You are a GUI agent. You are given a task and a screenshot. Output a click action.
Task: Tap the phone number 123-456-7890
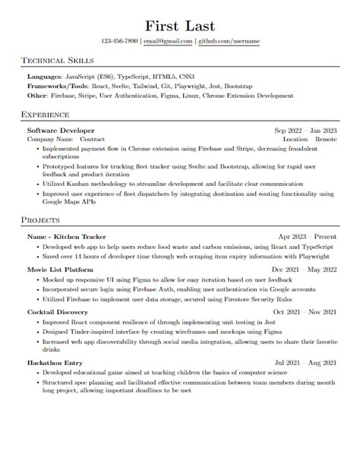119,41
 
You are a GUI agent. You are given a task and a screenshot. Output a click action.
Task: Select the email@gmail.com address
167,41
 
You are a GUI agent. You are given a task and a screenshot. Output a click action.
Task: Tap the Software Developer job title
62,131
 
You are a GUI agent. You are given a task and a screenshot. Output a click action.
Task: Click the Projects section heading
41,220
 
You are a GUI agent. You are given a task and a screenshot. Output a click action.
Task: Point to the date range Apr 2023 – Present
308,236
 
